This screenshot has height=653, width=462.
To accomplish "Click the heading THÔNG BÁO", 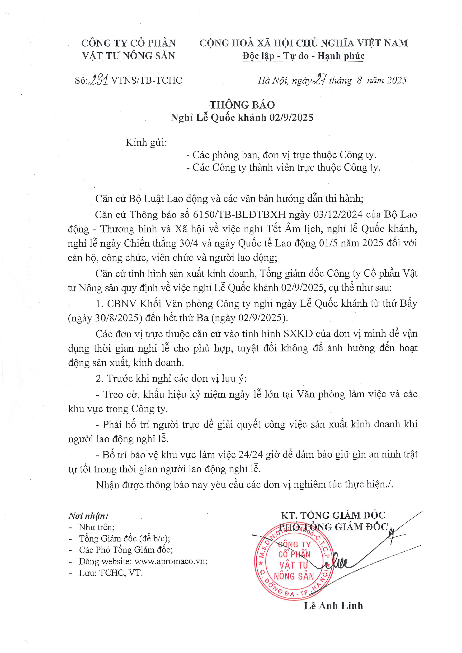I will (x=242, y=105).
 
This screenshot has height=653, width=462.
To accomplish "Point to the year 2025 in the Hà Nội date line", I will (x=397, y=80).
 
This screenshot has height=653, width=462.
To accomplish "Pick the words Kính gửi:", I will (x=146, y=142).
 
